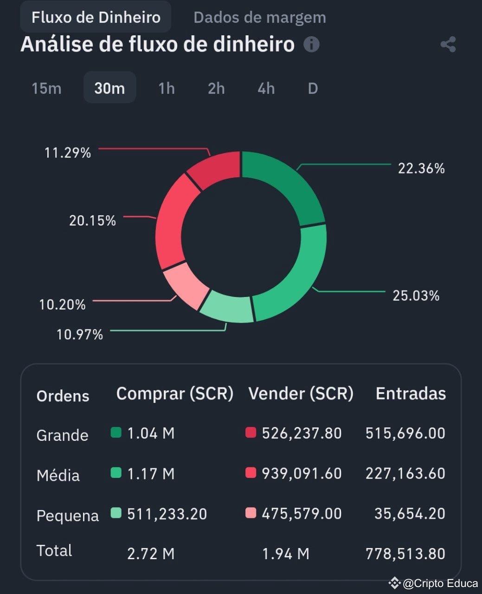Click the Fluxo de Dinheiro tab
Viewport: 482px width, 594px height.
click(x=96, y=18)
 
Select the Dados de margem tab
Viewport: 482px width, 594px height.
click(x=259, y=18)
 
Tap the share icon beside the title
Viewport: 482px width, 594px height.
click(x=448, y=45)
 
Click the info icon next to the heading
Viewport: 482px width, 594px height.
click(x=311, y=45)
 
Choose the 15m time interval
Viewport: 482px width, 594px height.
click(x=46, y=88)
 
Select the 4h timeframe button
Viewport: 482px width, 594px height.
click(x=266, y=88)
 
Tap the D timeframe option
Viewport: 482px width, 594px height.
click(x=313, y=88)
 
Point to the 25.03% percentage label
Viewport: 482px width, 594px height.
click(x=416, y=296)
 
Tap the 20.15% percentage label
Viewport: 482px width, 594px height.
click(x=92, y=220)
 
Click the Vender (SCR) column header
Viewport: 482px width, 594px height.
click(x=301, y=394)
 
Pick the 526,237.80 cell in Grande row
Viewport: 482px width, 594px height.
click(x=302, y=433)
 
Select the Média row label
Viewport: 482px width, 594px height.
click(x=58, y=475)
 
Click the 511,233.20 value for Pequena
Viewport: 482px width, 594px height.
click(x=167, y=514)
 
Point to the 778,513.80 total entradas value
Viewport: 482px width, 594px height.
click(x=405, y=554)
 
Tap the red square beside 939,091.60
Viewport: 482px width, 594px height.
click(x=251, y=473)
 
